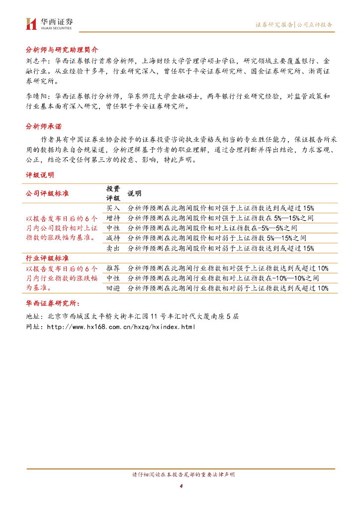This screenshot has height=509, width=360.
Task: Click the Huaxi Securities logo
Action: coord(49,23)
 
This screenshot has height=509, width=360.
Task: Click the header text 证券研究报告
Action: coord(274,24)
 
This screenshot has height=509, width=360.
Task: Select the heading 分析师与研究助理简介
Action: coord(62,50)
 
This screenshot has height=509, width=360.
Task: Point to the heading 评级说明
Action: coord(40,175)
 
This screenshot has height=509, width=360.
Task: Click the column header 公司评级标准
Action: coord(47,193)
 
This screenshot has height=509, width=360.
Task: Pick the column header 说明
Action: coord(134,193)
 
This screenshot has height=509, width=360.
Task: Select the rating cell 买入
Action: coord(113,208)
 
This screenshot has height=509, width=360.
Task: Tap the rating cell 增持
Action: coord(113,218)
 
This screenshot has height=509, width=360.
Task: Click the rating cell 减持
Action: coord(113,238)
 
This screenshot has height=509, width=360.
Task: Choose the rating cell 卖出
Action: coord(113,248)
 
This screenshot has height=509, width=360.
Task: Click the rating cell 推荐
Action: coord(113,268)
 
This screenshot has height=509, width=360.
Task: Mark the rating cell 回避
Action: coord(113,288)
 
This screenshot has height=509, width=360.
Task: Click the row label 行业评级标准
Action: coord(47,258)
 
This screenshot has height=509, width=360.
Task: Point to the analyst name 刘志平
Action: coord(35,61)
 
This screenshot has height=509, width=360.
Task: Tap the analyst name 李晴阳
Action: coord(35,96)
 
